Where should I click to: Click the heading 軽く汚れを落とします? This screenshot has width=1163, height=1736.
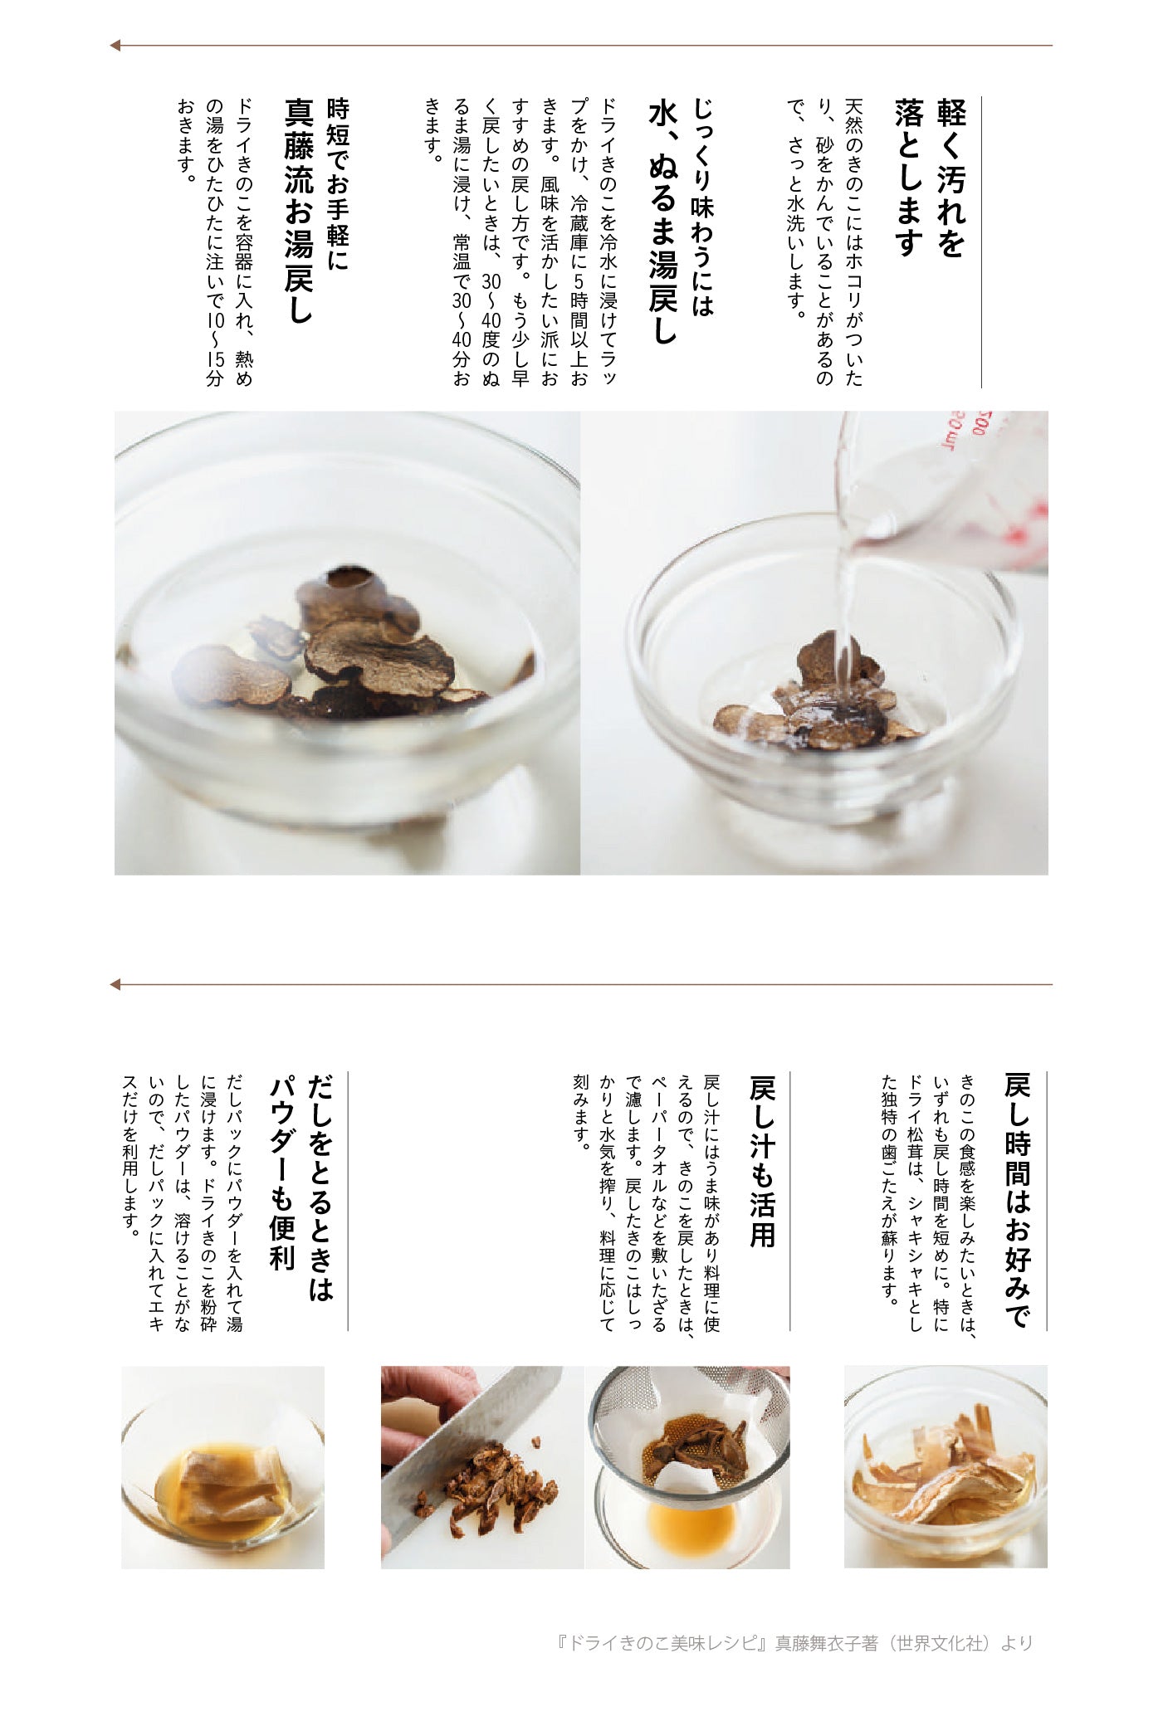(x=931, y=178)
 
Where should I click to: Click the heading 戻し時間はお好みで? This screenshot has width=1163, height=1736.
(x=1018, y=1198)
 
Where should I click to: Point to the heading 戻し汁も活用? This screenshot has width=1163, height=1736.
(x=762, y=1161)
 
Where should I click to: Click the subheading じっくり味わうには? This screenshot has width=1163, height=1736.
(x=702, y=207)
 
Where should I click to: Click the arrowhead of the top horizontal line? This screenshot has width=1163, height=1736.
(x=115, y=46)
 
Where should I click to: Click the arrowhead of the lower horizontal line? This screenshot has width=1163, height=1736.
(x=115, y=985)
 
